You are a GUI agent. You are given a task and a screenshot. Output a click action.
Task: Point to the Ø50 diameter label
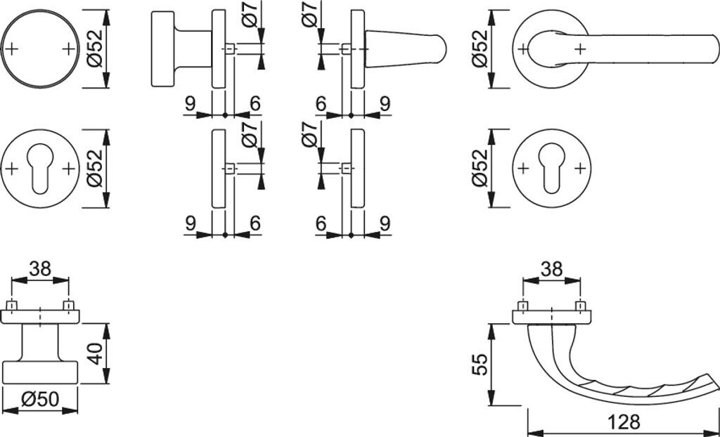click(x=39, y=400)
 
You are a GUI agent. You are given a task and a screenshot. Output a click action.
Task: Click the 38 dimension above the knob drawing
click(x=40, y=268)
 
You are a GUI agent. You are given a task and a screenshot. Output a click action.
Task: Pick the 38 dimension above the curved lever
click(x=552, y=268)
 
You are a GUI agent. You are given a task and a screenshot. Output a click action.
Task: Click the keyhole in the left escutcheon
click(x=40, y=169)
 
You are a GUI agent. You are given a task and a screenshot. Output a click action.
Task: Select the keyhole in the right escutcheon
click(x=551, y=169)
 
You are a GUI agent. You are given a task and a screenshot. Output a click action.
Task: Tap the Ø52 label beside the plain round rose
click(x=96, y=49)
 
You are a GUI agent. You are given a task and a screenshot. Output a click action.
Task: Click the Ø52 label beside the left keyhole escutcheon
click(x=96, y=169)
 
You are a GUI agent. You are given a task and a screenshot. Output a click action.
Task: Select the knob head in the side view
click(x=164, y=49)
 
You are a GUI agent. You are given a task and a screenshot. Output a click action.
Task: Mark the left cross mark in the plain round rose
click(x=12, y=48)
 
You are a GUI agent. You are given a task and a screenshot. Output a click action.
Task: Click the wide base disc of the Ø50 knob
click(x=39, y=372)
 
